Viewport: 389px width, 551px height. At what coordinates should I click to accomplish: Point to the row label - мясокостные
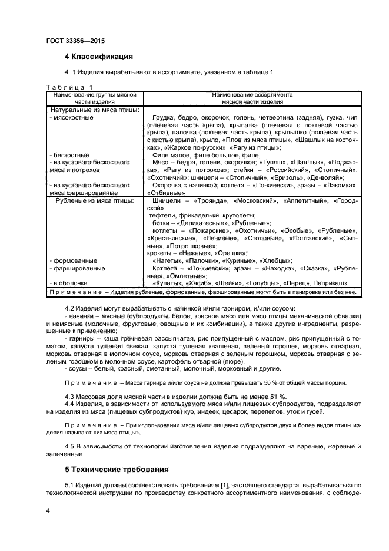(x=70, y=117)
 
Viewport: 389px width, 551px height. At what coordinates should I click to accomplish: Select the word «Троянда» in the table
(x=214, y=201)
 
